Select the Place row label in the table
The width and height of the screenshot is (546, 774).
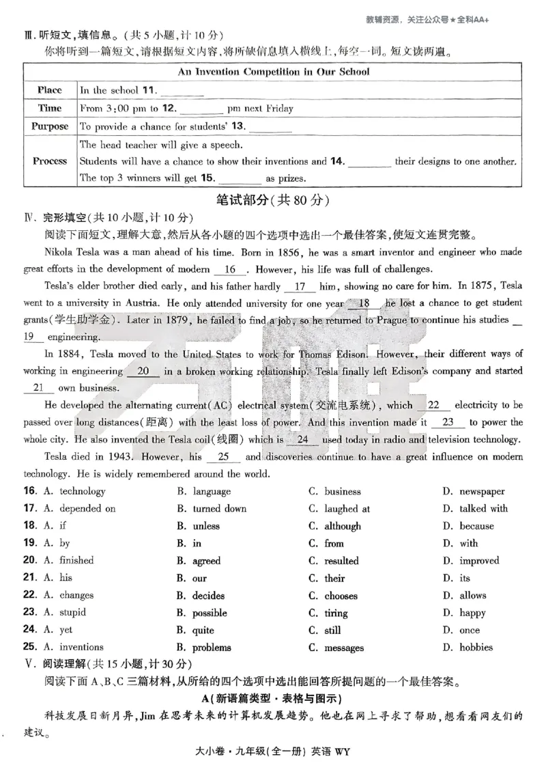49,90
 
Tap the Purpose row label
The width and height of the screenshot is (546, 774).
49,126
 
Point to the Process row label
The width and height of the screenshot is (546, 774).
49,161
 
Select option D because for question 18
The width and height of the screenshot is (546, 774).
476,526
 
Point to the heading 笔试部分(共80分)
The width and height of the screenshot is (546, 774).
273,200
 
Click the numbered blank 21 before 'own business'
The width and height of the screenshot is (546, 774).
42,388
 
